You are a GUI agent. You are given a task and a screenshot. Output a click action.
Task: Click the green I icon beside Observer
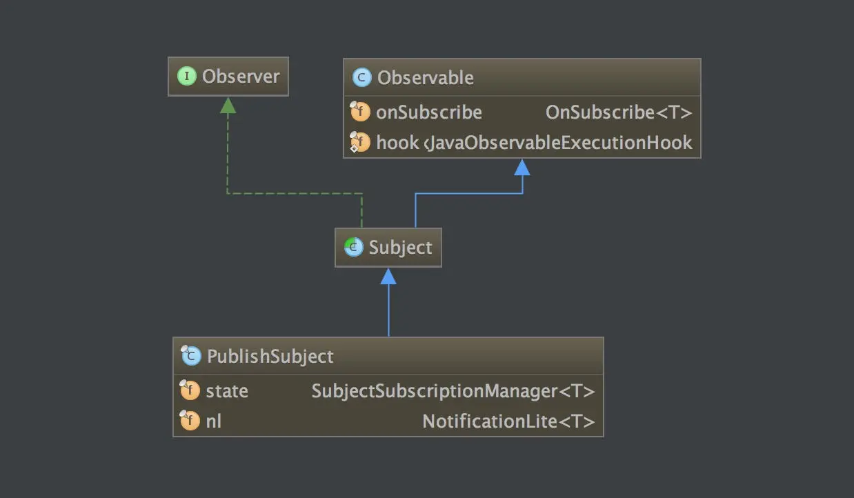pyautogui.click(x=187, y=76)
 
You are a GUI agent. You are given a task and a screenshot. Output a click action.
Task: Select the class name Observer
pyautogui.click(x=241, y=76)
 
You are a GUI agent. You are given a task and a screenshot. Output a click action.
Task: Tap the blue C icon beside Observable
pyautogui.click(x=362, y=77)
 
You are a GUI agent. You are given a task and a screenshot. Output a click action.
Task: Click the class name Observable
pyautogui.click(x=425, y=78)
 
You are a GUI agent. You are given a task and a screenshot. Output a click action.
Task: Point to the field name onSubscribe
pyautogui.click(x=428, y=112)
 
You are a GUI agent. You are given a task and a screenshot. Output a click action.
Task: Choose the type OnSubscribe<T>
pyautogui.click(x=618, y=112)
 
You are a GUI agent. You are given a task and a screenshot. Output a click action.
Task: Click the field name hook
pyautogui.click(x=397, y=143)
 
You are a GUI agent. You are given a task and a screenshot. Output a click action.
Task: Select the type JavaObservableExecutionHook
pyautogui.click(x=559, y=143)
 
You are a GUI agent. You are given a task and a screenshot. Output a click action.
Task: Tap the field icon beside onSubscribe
pyautogui.click(x=360, y=112)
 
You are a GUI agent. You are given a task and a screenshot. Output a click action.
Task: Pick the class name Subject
pyautogui.click(x=400, y=248)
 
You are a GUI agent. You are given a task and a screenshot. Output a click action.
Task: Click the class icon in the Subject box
pyautogui.click(x=354, y=247)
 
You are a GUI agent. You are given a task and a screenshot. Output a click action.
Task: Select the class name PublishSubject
pyautogui.click(x=270, y=357)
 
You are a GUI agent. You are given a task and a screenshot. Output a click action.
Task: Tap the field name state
pyautogui.click(x=226, y=391)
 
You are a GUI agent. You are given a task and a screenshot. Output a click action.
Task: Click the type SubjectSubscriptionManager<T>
pyautogui.click(x=453, y=391)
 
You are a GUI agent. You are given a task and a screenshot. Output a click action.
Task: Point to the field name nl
pyautogui.click(x=214, y=421)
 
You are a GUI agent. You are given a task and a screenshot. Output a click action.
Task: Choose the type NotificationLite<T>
pyautogui.click(x=508, y=421)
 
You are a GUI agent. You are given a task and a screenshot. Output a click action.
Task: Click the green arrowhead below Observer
pyautogui.click(x=228, y=105)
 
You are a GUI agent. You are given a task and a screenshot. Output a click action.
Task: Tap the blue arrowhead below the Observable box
pyautogui.click(x=522, y=167)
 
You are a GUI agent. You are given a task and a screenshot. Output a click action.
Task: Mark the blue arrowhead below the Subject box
pyautogui.click(x=388, y=276)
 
